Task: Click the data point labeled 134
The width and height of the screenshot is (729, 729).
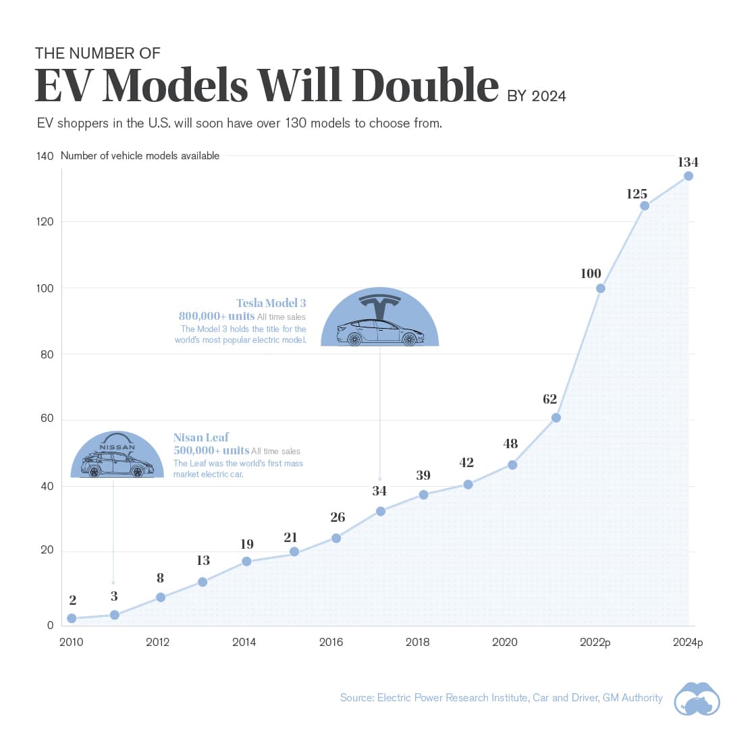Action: tap(688, 176)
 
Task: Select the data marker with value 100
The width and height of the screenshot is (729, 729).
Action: tap(601, 288)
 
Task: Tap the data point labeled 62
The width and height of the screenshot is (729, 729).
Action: tap(556, 418)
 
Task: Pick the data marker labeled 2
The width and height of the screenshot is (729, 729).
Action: tap(72, 618)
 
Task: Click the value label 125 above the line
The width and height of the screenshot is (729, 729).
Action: tap(637, 194)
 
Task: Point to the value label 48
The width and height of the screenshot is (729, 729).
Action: tap(510, 443)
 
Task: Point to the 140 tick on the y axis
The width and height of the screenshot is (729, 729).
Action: tap(45, 156)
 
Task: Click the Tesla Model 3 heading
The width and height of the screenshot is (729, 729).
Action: tap(271, 303)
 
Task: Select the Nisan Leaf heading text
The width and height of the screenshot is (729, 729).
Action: tap(200, 437)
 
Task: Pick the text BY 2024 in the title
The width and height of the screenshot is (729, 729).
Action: tap(537, 97)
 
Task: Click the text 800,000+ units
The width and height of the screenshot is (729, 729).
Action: tap(216, 316)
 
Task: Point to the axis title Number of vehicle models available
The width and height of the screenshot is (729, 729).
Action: tap(140, 156)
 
